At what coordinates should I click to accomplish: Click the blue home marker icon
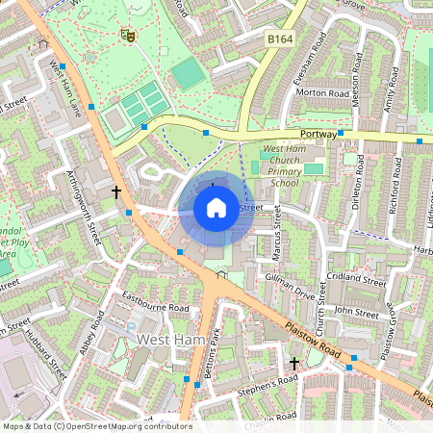pyautogui.click(x=216, y=207)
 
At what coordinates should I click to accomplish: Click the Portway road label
pyautogui.click(x=317, y=135)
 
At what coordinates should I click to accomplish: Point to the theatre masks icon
pyautogui.click(x=126, y=36)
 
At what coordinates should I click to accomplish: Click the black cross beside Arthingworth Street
pyautogui.click(x=116, y=191)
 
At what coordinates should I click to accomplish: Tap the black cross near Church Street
pyautogui.click(x=295, y=364)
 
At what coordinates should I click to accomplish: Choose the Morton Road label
pyautogui.click(x=323, y=93)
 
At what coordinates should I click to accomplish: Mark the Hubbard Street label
pyautogui.click(x=55, y=354)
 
